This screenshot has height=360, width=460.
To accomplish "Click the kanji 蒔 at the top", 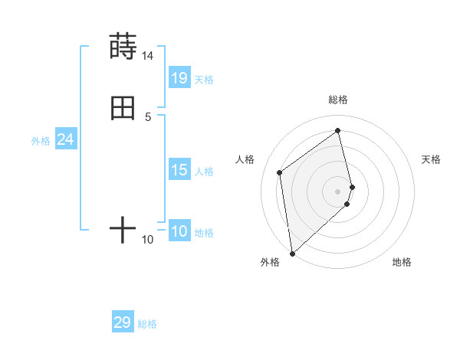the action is point(123,47).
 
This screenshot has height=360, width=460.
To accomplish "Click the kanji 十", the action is point(123,230).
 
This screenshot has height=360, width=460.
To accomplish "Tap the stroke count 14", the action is point(147,56).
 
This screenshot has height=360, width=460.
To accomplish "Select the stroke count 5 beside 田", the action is point(148,117).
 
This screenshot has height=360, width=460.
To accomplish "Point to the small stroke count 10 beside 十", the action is point(148,240).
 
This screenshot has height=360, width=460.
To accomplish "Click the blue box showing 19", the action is point(179,78).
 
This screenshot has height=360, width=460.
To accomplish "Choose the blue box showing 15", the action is point(179,170).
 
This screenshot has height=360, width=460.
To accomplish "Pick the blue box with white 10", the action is point(179,231).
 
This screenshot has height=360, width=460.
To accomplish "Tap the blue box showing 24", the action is point(65,139).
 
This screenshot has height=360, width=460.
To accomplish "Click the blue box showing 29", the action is point(123,322).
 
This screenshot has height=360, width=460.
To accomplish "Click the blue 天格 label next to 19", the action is point(204,80).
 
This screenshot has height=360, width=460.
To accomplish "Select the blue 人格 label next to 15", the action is point(204,172).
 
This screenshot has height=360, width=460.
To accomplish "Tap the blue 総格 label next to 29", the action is point(147,324).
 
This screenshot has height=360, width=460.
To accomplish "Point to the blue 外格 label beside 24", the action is point(41,141).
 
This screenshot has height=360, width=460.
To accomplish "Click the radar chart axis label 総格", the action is point(338,100).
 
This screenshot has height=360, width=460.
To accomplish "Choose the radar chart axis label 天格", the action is point(431,159).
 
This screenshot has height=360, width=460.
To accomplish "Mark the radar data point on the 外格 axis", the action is point(291,253).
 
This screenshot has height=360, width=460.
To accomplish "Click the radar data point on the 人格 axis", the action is point(280,172).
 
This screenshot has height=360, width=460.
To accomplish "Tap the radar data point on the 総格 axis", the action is point(338,130).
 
